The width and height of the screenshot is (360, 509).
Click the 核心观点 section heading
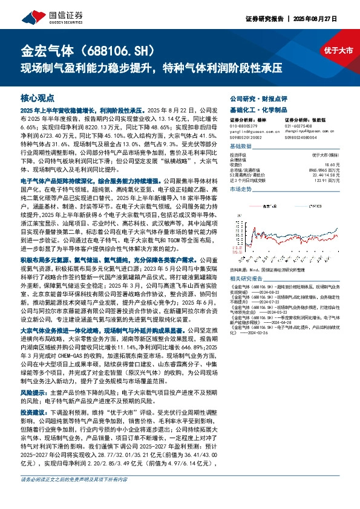[38, 97]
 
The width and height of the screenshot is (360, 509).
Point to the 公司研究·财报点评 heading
[257, 97]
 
